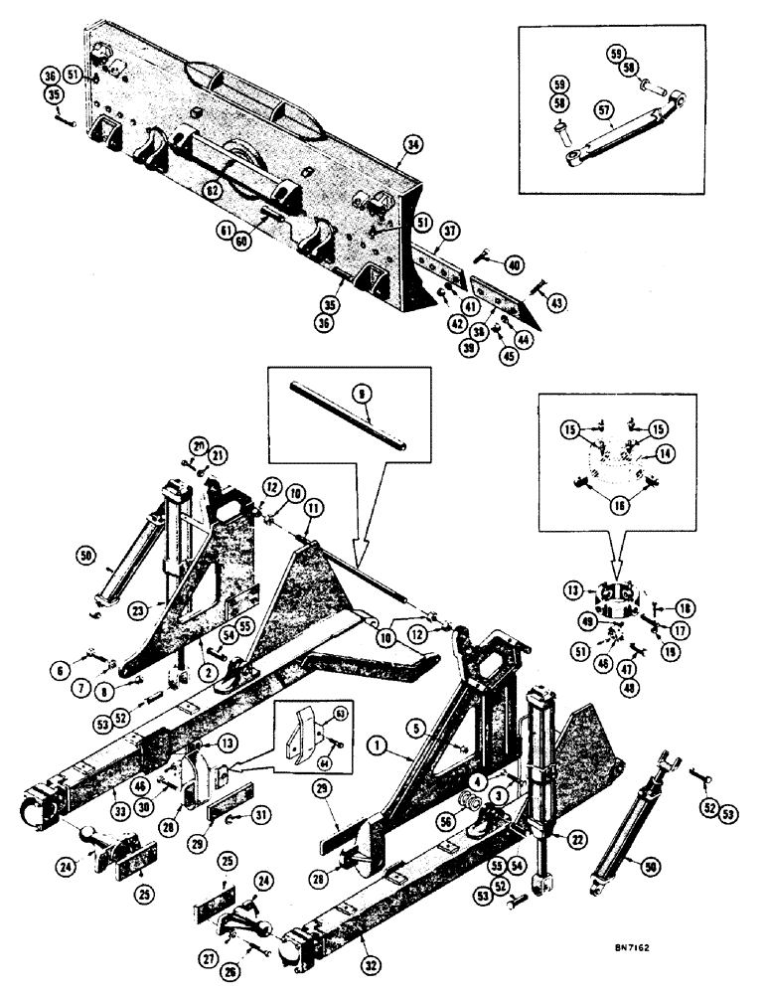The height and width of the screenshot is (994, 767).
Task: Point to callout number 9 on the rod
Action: [364, 393]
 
